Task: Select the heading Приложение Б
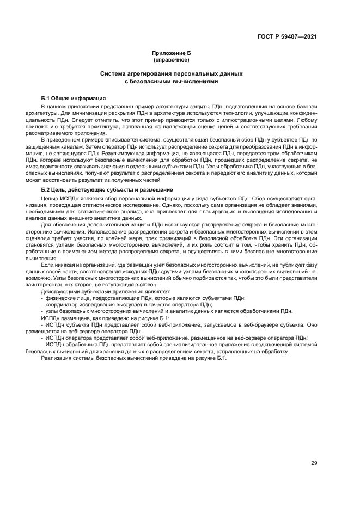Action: [x=172, y=53]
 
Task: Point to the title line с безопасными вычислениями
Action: [x=172, y=81]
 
